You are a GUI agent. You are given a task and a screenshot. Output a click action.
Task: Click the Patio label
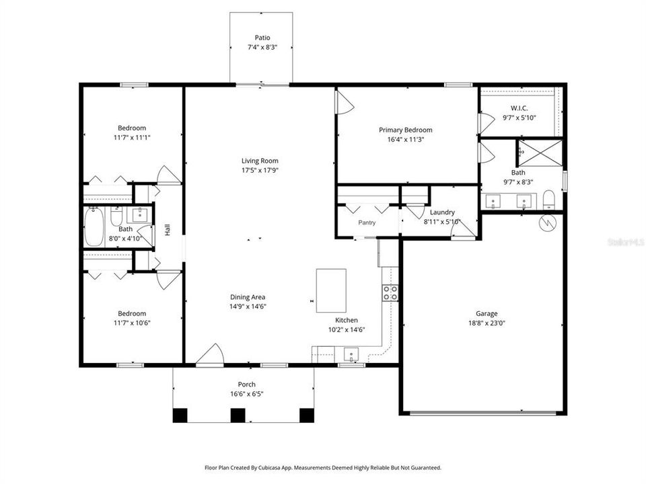262,38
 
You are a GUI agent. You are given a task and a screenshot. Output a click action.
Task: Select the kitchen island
331,290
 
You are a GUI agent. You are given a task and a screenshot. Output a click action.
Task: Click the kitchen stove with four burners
390,292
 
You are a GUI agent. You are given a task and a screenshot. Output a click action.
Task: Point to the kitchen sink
351,354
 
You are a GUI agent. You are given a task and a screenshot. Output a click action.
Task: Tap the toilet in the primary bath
548,200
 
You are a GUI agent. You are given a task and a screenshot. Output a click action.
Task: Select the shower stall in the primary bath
538,153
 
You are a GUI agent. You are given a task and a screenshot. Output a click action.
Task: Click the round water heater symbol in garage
547,221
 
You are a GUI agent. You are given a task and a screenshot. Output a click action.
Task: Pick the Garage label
486,313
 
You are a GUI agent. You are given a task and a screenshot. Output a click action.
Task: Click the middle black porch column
237,415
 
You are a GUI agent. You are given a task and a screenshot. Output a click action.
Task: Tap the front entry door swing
211,355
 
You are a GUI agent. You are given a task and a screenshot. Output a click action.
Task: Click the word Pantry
367,223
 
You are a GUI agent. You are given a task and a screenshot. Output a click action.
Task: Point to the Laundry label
442,212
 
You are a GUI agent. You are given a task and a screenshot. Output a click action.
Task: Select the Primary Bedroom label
405,130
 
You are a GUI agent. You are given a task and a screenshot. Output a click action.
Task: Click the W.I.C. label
519,108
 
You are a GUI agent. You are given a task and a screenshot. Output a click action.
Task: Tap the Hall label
168,230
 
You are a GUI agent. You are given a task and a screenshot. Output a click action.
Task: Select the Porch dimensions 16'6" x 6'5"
246,394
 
